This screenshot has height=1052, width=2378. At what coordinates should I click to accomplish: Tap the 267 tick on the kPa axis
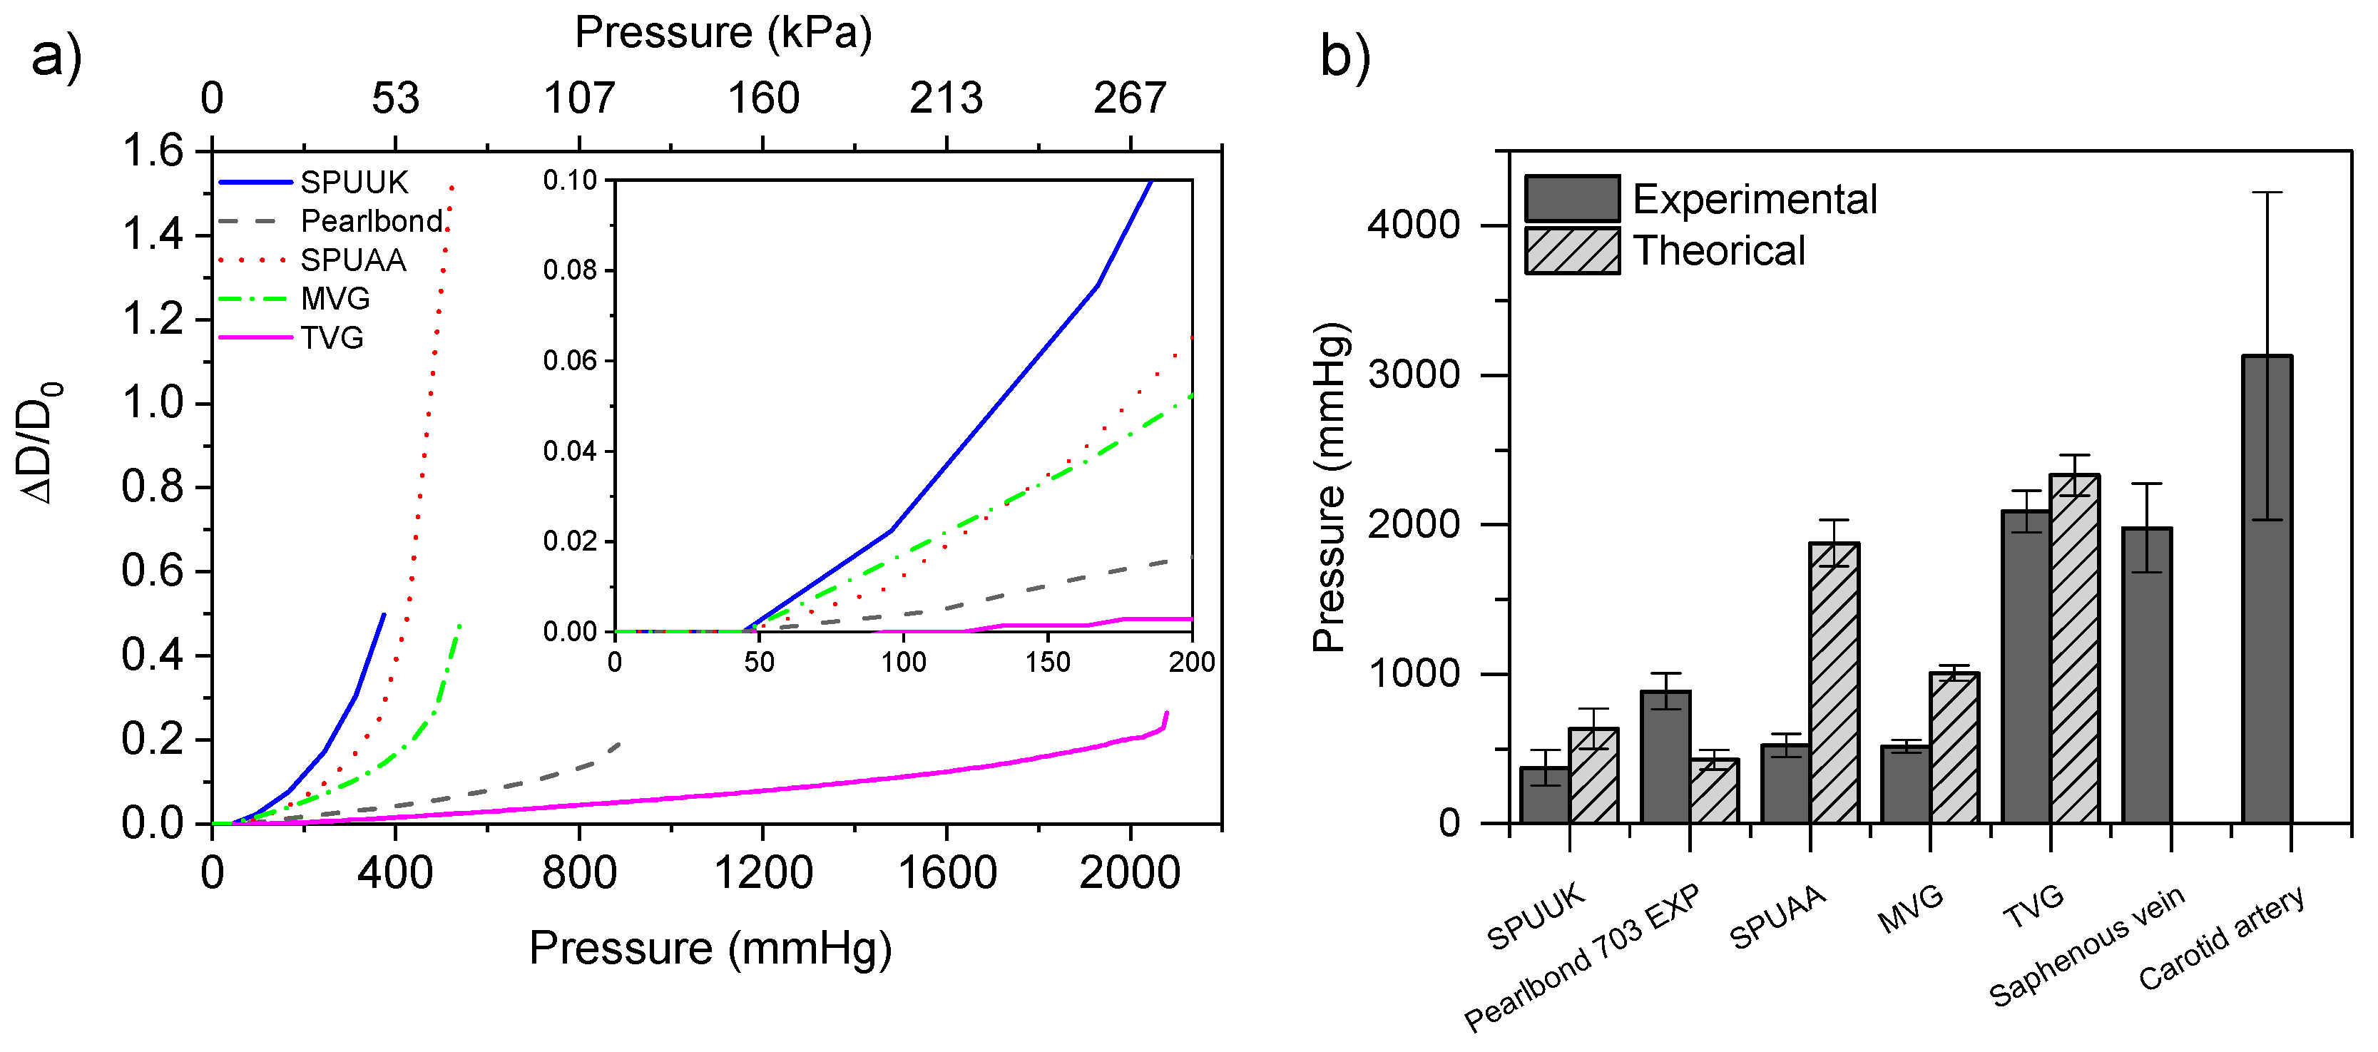1129,98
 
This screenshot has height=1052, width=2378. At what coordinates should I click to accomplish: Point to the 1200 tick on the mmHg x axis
762,872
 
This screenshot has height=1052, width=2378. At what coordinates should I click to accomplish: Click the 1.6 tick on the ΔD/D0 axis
153,150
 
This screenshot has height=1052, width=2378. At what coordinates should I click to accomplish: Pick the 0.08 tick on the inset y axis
571,270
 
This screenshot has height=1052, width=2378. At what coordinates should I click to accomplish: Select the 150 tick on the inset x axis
1047,662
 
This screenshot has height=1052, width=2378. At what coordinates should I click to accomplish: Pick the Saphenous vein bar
2146,675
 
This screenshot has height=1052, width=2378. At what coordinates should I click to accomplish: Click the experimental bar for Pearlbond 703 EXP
1665,757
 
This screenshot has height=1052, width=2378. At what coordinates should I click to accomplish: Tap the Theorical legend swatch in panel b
1572,251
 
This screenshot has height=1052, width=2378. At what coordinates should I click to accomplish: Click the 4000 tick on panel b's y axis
1412,225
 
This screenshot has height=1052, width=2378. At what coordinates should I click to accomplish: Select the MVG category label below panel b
1910,908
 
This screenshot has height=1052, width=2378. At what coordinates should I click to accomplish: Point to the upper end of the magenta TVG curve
1167,713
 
